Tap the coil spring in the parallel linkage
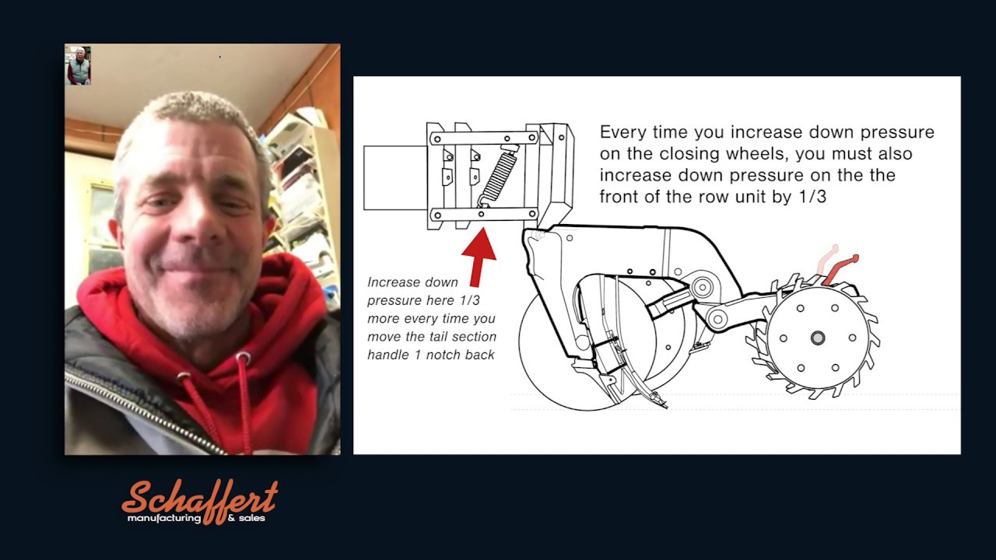[x=497, y=176]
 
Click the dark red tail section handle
[x=839, y=269]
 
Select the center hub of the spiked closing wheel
[x=817, y=338]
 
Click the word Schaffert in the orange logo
[x=200, y=499]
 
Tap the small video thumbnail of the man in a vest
[x=79, y=65]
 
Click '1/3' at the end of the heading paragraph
[x=812, y=197]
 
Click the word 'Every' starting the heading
[x=622, y=132]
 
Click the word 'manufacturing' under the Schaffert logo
[x=164, y=519]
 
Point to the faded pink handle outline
[x=826, y=260]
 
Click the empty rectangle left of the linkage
[x=395, y=178]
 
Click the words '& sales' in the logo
[x=246, y=518]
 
